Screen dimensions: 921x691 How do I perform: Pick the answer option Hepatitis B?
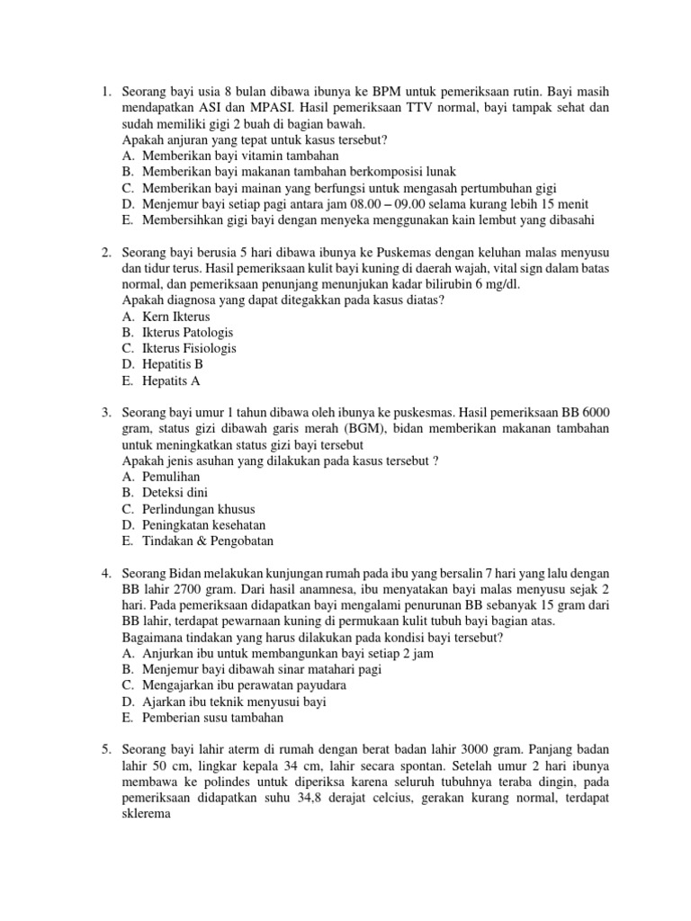click(x=173, y=364)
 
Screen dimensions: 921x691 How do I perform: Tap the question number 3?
click(x=103, y=412)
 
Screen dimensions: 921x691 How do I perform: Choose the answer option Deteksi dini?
click(x=177, y=493)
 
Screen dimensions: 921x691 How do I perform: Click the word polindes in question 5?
click(x=199, y=782)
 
